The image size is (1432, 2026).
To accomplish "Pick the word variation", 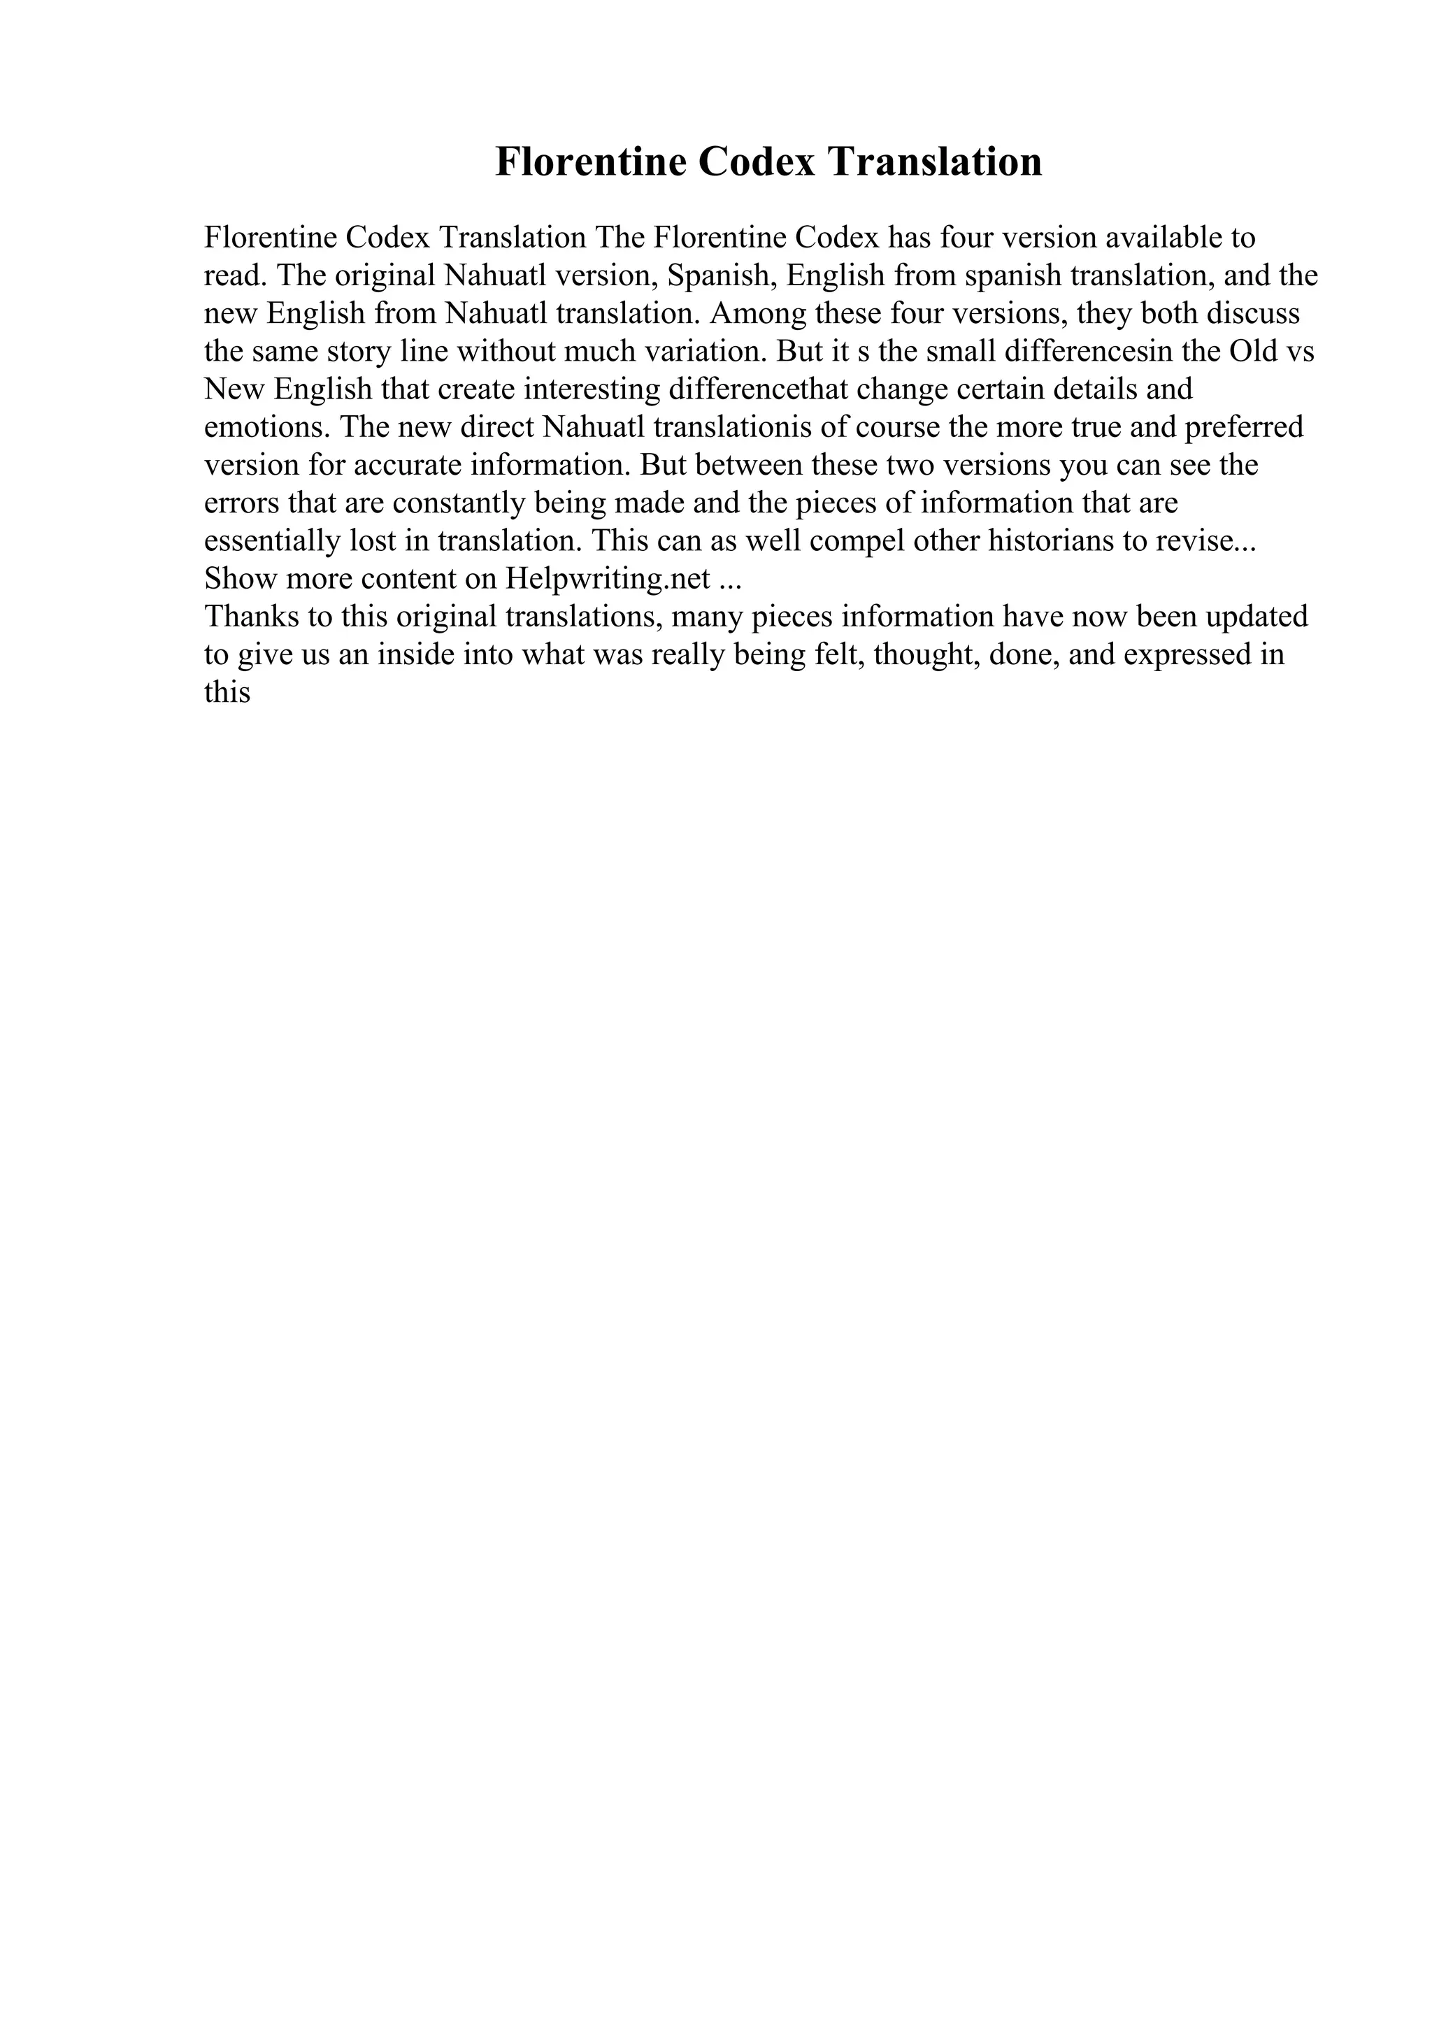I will [x=702, y=352].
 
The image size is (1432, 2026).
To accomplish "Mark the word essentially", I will [x=273, y=542].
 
